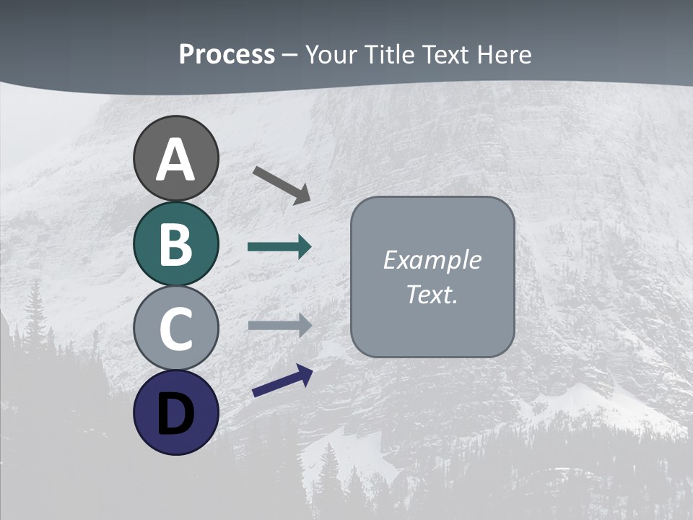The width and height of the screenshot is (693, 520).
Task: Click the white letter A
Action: point(175,160)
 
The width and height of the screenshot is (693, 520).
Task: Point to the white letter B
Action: point(175,244)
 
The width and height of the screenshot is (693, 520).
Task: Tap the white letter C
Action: point(175,329)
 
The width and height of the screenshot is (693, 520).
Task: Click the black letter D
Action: point(175,414)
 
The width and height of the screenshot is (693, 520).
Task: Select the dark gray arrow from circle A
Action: point(280,183)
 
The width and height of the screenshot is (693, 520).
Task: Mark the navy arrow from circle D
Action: point(282,381)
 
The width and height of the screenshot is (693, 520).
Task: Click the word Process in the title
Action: point(227,54)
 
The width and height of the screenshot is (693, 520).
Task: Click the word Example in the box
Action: point(432,260)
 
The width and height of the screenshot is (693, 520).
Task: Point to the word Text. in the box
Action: point(432,294)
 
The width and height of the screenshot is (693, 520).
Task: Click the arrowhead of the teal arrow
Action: point(305,247)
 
